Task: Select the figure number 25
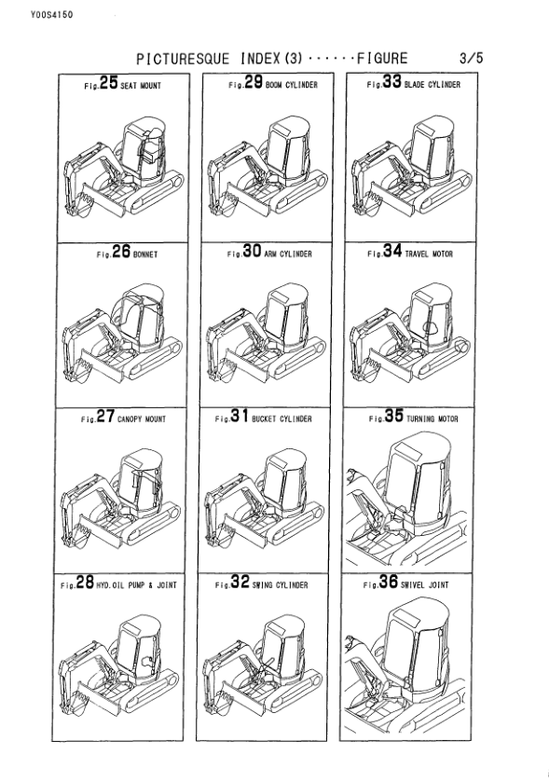click(x=109, y=84)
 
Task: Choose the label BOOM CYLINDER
click(x=292, y=86)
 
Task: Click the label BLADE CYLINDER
click(x=432, y=86)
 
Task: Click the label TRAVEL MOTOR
click(x=429, y=254)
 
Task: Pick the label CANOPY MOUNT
click(x=142, y=419)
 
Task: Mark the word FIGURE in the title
click(x=377, y=59)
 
